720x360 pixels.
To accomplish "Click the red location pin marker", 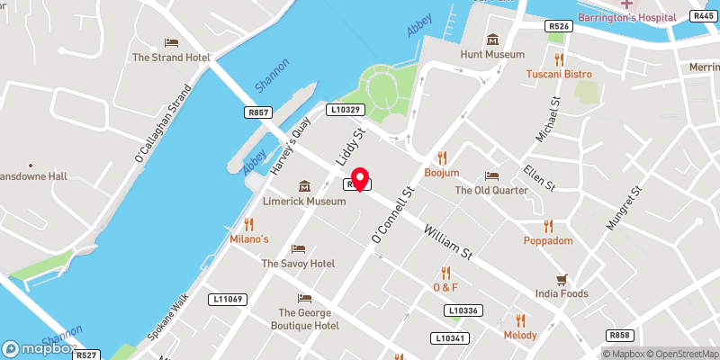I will tap(360, 178).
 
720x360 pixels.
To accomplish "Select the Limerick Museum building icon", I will tap(304, 185).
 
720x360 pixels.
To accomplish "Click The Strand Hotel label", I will tap(171, 58).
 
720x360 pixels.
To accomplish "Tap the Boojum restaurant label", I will tap(442, 172).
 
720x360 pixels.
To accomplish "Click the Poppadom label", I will tap(548, 241).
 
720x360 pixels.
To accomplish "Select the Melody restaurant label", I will tap(520, 335).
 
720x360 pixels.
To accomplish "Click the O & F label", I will tap(445, 287).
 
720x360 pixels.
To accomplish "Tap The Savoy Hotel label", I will tap(298, 264).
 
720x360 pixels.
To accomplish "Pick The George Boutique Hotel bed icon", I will tap(305, 298).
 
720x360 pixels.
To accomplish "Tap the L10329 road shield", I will tap(346, 109).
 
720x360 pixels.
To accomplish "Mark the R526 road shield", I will tap(559, 27).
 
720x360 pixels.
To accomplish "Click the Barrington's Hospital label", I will tap(627, 18).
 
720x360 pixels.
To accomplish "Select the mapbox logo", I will tap(38, 347).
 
